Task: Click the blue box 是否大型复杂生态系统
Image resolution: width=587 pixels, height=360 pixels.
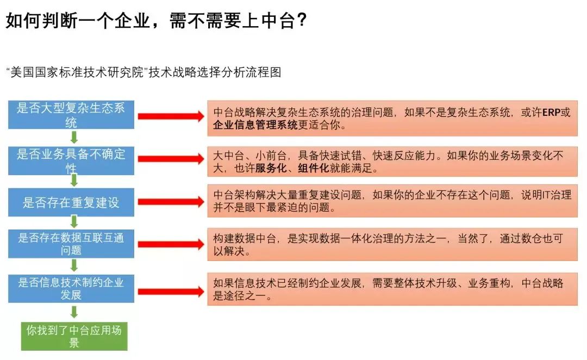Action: tap(71, 115)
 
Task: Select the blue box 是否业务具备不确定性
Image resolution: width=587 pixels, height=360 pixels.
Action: tap(71, 160)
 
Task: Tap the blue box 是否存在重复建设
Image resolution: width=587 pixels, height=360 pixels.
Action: tap(71, 203)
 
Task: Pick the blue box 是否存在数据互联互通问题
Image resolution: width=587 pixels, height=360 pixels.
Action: tap(71, 244)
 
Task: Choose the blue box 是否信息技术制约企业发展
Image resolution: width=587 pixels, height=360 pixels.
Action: tap(71, 288)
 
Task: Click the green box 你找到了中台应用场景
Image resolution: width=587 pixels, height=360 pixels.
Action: tap(74, 336)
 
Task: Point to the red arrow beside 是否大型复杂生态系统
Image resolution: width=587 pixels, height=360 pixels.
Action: tap(170, 116)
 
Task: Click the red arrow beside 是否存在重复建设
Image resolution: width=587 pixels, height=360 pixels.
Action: tap(170, 202)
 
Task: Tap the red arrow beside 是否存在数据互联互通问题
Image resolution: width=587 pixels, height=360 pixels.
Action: tap(170, 244)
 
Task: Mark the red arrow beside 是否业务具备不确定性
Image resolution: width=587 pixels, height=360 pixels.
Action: tap(170, 158)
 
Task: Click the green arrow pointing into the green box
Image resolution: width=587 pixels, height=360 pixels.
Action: tap(74, 312)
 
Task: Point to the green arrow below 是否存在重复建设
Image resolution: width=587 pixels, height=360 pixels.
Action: tap(74, 222)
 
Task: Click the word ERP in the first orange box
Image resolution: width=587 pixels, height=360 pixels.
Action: tap(552, 113)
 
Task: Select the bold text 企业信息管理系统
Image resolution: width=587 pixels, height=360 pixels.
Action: tap(255, 126)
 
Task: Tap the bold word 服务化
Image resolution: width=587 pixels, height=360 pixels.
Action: tap(271, 169)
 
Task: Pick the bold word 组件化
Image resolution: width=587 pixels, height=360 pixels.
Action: tap(313, 169)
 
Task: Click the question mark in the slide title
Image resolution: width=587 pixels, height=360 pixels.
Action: tap(302, 21)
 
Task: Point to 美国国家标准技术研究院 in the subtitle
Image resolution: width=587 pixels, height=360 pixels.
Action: tap(78, 72)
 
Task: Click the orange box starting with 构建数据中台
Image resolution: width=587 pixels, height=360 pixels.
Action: tap(392, 245)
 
